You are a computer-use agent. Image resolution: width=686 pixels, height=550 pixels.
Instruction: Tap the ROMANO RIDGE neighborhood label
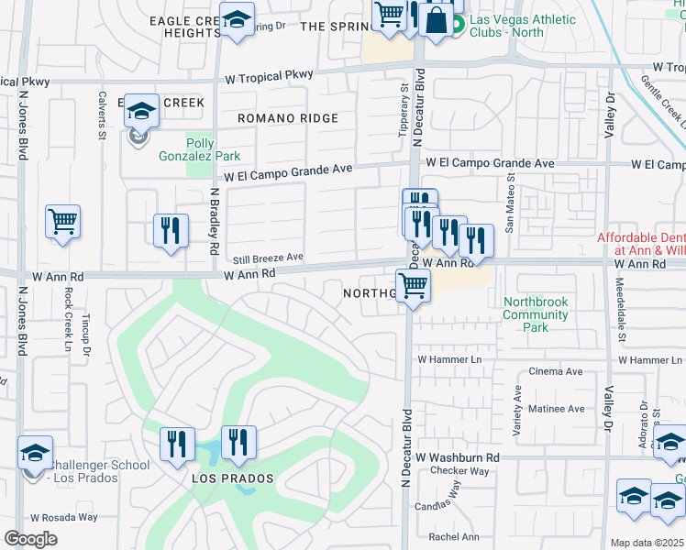pos(287,118)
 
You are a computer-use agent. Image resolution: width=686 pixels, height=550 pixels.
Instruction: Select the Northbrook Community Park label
pos(536,314)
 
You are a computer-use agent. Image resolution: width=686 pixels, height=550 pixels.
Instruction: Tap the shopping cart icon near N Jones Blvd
pos(62,221)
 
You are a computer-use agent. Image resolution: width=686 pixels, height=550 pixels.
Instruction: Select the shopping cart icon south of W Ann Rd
pos(414,285)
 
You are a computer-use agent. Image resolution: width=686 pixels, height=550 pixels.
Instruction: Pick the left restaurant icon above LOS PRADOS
pos(177,444)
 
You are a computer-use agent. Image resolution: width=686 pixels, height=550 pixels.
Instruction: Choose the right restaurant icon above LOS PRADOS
pos(238,442)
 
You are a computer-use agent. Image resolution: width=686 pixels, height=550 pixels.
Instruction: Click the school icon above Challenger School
pos(35,452)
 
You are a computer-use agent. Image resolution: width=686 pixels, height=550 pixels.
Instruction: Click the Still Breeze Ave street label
pos(269,258)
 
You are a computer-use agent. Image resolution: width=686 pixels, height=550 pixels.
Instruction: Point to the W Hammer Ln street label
pos(448,360)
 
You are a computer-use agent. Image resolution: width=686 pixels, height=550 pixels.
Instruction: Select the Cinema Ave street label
pos(556,372)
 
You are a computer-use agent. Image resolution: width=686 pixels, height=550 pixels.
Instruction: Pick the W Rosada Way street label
pos(63,517)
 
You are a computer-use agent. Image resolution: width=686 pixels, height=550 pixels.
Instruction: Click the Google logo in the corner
pos(30,539)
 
